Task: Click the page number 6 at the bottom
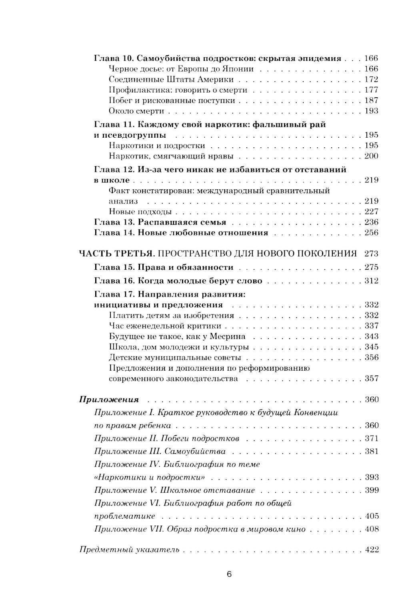point(229,574)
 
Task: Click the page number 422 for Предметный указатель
point(372,549)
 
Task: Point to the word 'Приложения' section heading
point(109,399)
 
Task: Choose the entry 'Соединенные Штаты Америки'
point(171,79)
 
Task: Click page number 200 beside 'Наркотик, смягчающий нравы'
point(372,156)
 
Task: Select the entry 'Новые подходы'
point(140,211)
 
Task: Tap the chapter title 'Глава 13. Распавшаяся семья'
point(160,222)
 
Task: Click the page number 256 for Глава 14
point(372,233)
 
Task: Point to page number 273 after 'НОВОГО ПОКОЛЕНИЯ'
point(372,253)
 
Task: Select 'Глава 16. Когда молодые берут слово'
point(178,281)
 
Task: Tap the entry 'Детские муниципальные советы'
point(175,357)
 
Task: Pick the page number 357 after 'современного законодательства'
point(372,379)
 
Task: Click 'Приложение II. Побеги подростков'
point(166,438)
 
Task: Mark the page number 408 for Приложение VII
point(372,529)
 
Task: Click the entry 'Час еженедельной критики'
point(165,326)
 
